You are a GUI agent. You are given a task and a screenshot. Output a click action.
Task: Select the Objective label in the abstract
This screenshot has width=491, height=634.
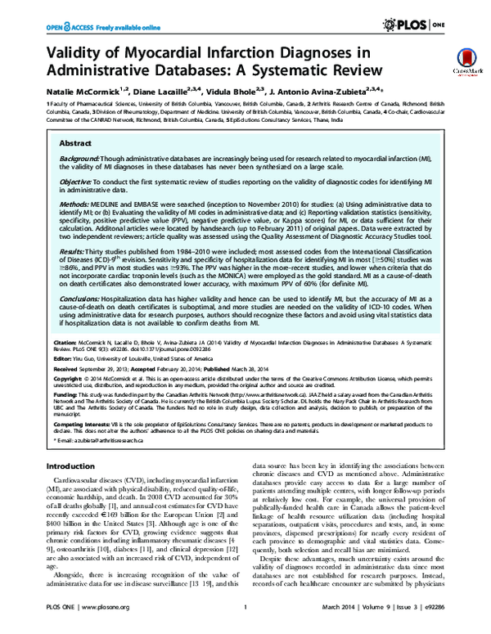click(75, 180)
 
